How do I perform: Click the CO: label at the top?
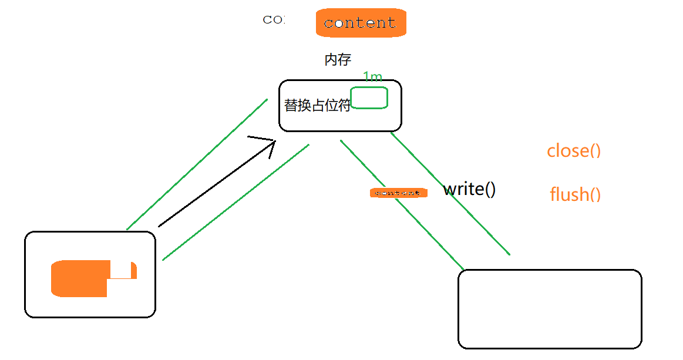(274, 19)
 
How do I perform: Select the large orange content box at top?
(361, 23)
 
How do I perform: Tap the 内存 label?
(338, 59)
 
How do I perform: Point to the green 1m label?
(372, 77)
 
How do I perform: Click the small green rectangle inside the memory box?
(369, 97)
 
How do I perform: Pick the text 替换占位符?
(317, 106)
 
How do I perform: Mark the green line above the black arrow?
(197, 164)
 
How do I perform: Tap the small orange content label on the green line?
(398, 193)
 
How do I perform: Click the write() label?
(470, 189)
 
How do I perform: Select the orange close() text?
(574, 151)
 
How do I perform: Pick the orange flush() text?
(576, 194)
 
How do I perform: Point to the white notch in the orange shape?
(123, 271)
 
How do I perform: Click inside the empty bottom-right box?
(550, 309)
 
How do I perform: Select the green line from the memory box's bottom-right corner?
(450, 193)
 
